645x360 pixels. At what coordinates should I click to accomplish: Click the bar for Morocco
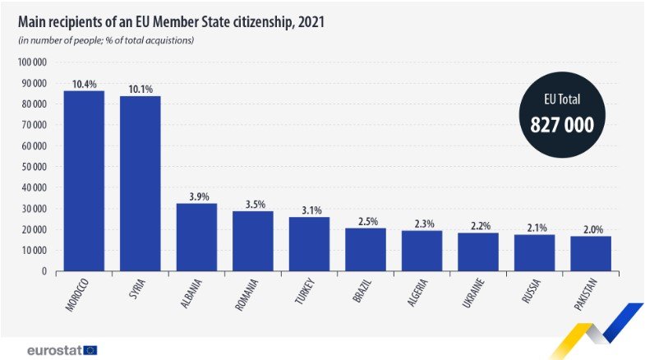coord(84,181)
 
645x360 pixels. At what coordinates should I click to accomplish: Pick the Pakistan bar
coord(591,253)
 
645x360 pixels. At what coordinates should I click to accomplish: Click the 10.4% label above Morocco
coord(84,84)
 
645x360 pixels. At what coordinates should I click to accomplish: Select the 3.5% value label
coord(253,205)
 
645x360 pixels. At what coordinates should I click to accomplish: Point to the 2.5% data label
coord(366,221)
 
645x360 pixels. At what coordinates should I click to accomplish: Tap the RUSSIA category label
coord(532,293)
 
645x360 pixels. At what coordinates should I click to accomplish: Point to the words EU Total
coord(562,99)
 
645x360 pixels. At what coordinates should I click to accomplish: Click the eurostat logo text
coord(53,350)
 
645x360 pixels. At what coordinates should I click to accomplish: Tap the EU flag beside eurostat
coord(90,350)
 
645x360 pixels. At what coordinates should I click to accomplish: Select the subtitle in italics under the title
coord(106,40)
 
